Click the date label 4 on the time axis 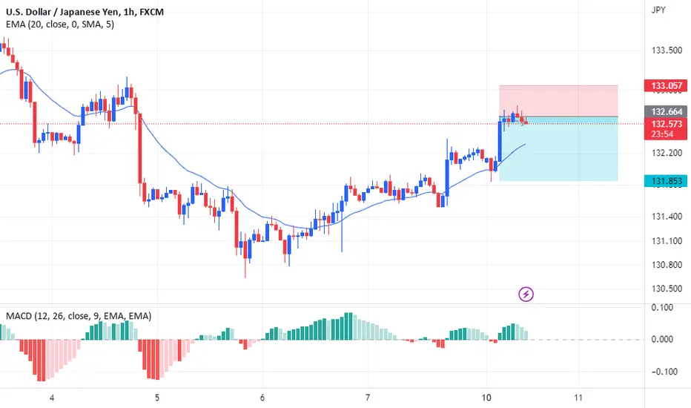pyautogui.click(x=52, y=398)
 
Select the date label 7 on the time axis pyautogui.click(x=368, y=398)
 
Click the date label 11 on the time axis pyautogui.click(x=578, y=398)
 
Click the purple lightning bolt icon pyautogui.click(x=526, y=295)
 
